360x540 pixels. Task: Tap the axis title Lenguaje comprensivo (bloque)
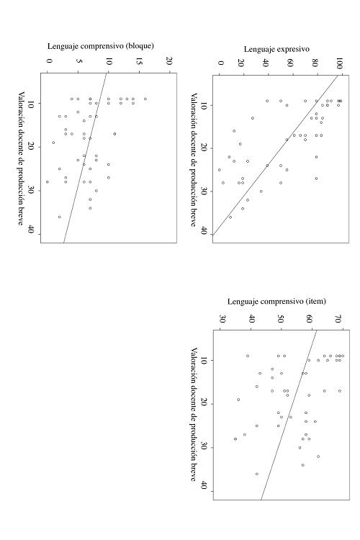tap(109, 45)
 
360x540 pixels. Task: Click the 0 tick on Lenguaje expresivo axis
tap(220, 63)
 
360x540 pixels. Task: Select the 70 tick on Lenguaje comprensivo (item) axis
tap(339, 318)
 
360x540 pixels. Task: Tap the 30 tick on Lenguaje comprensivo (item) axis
tap(222, 318)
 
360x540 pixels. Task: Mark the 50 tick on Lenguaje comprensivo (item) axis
tap(281, 318)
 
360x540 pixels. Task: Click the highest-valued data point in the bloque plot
tap(145, 99)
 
